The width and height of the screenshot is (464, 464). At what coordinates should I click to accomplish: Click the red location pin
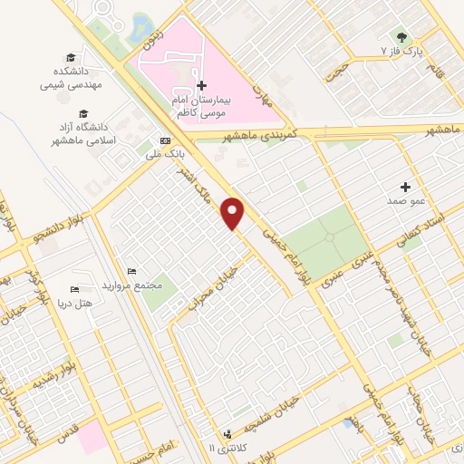pos(234,212)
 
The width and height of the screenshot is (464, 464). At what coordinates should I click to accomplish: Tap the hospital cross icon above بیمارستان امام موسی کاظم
pos(200,84)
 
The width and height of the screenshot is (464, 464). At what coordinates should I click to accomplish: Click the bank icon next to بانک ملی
pos(164,140)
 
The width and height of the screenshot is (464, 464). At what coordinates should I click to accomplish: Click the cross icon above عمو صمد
pos(405,185)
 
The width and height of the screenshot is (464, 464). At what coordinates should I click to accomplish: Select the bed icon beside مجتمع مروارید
pos(131,272)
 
